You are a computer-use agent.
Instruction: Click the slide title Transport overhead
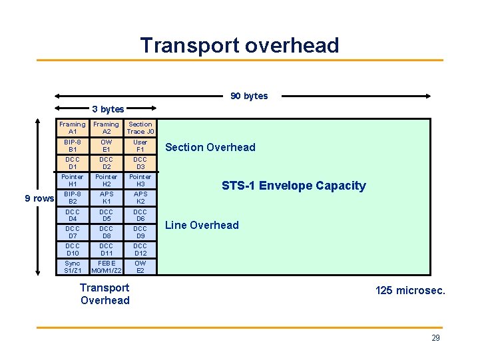tap(240, 45)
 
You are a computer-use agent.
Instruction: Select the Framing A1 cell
tap(73, 128)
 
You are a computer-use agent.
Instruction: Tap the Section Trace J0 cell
tap(140, 128)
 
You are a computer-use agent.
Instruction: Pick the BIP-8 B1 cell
tap(73, 146)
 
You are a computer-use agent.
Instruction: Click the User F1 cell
tap(140, 146)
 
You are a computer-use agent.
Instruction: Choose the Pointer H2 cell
tap(107, 180)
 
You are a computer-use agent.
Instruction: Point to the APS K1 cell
tap(107, 198)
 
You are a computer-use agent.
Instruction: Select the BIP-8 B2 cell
tap(73, 198)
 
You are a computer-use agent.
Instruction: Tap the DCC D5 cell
tap(107, 215)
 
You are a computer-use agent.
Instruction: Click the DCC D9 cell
tap(140, 232)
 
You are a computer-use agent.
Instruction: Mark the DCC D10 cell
tap(73, 250)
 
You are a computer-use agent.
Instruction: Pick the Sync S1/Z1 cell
tap(73, 267)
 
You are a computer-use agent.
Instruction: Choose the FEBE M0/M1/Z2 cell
tap(107, 267)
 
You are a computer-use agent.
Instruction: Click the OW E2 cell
tap(140, 267)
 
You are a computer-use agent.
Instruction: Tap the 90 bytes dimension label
tap(249, 96)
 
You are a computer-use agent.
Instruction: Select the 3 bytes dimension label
tap(108, 108)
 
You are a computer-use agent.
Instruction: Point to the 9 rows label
tap(39, 198)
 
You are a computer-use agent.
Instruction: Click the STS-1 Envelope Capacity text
tap(294, 186)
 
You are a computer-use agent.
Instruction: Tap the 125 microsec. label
tap(411, 291)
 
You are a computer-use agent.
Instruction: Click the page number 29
tap(435, 338)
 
